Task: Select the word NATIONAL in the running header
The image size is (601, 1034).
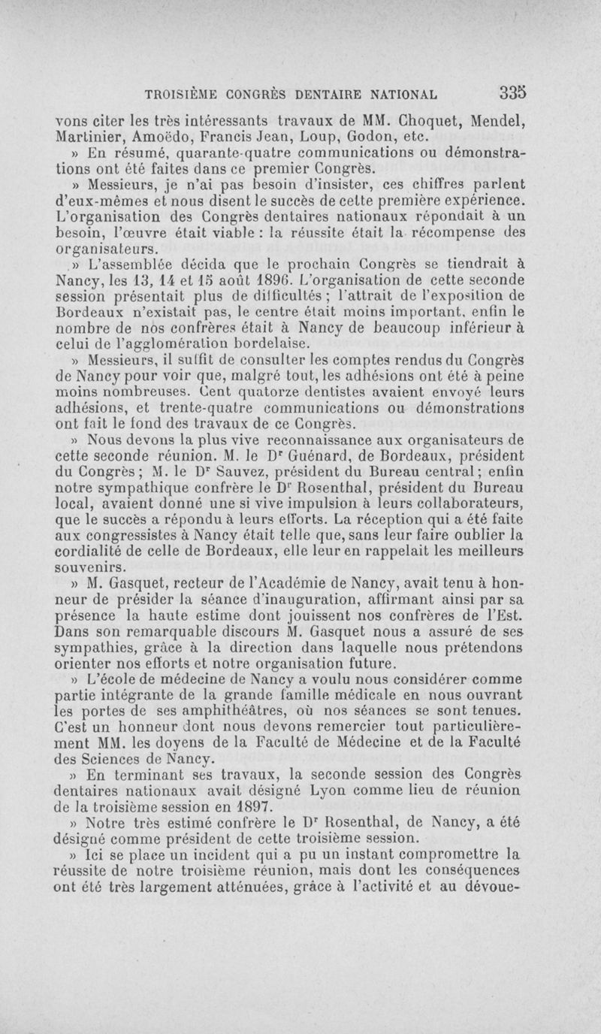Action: click(x=398, y=95)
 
